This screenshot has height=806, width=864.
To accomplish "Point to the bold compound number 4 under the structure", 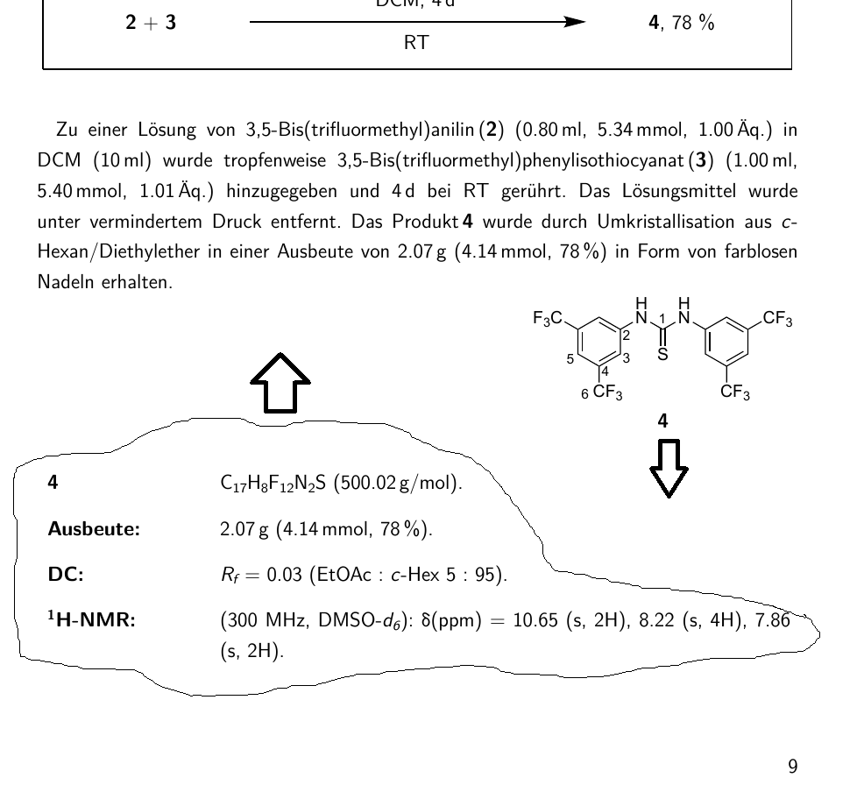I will [663, 421].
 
